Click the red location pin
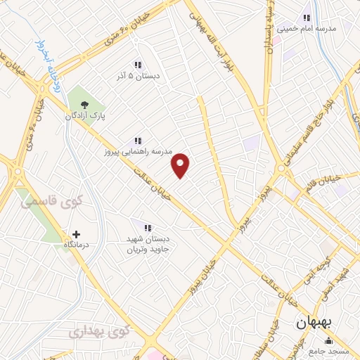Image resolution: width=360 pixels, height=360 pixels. (x=181, y=165)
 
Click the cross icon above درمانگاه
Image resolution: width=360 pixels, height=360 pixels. (x=76, y=233)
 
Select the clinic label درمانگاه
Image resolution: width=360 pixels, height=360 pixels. (x=76, y=245)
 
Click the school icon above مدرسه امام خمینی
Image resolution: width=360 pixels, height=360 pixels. (x=306, y=18)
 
